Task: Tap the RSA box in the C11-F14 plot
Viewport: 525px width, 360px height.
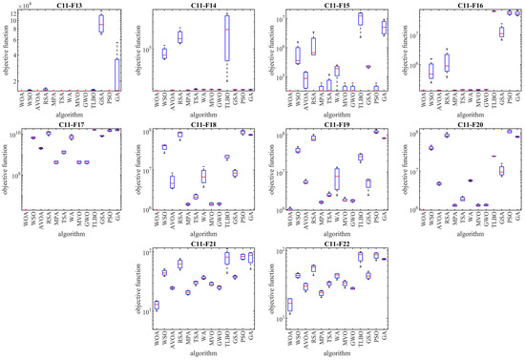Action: pos(178,37)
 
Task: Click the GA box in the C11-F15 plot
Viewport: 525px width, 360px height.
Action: pos(382,27)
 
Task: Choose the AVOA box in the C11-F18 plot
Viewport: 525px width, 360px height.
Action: pos(172,181)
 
